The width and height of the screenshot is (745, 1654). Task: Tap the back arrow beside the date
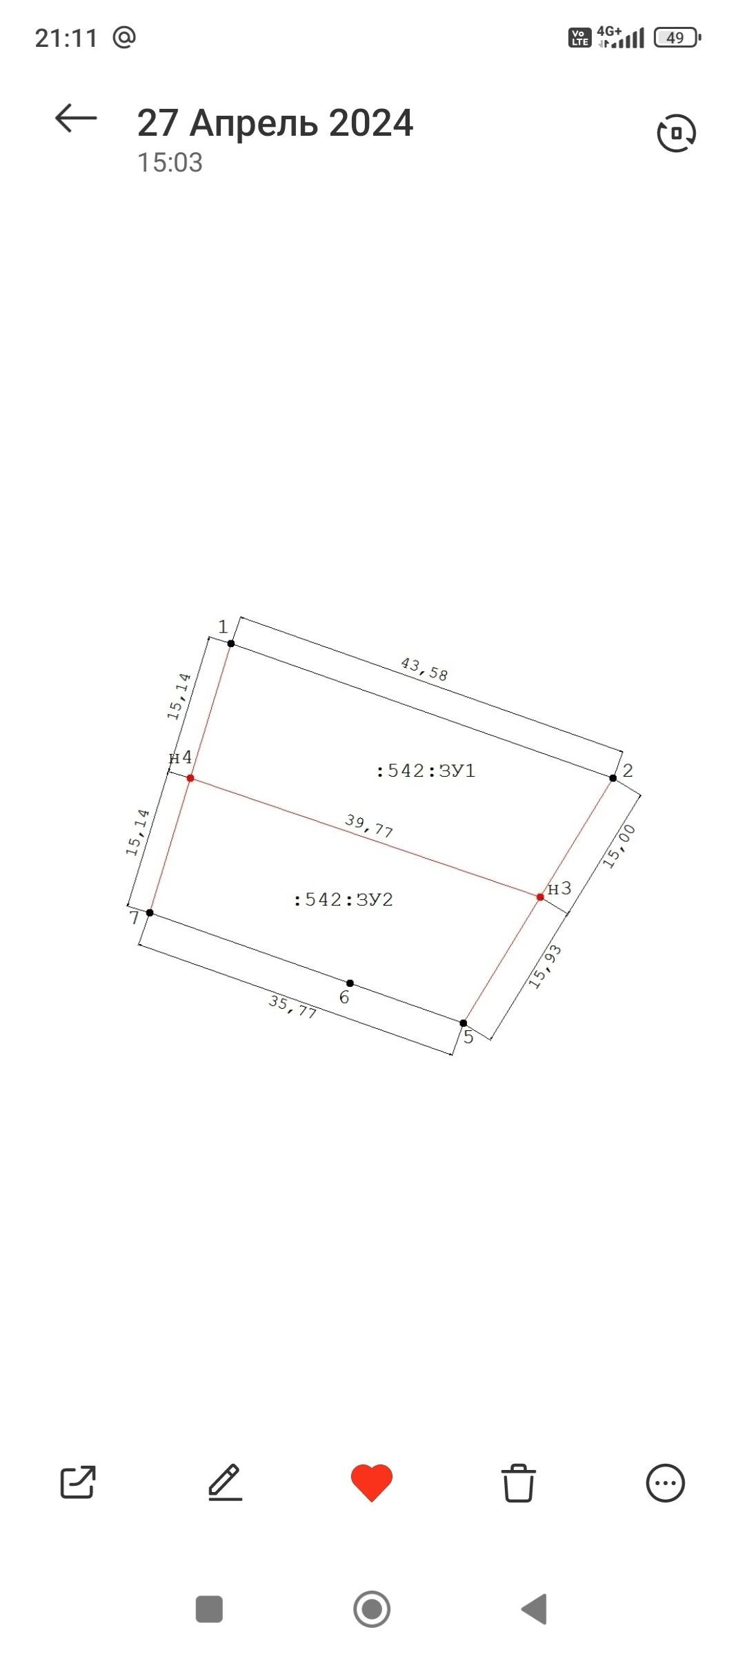(76, 118)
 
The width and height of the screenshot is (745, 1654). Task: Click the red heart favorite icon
(372, 1482)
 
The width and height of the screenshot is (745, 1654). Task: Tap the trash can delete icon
(518, 1482)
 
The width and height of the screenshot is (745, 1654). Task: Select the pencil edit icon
(226, 1482)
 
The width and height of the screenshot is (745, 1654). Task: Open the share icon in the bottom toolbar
(78, 1482)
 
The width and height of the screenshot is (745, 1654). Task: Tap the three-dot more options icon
(666, 1483)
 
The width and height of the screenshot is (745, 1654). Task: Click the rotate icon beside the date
(676, 133)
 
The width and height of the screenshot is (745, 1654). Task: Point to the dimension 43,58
(424, 668)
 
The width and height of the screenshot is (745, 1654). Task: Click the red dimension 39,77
(369, 826)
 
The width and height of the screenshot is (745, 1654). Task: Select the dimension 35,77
(292, 1007)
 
